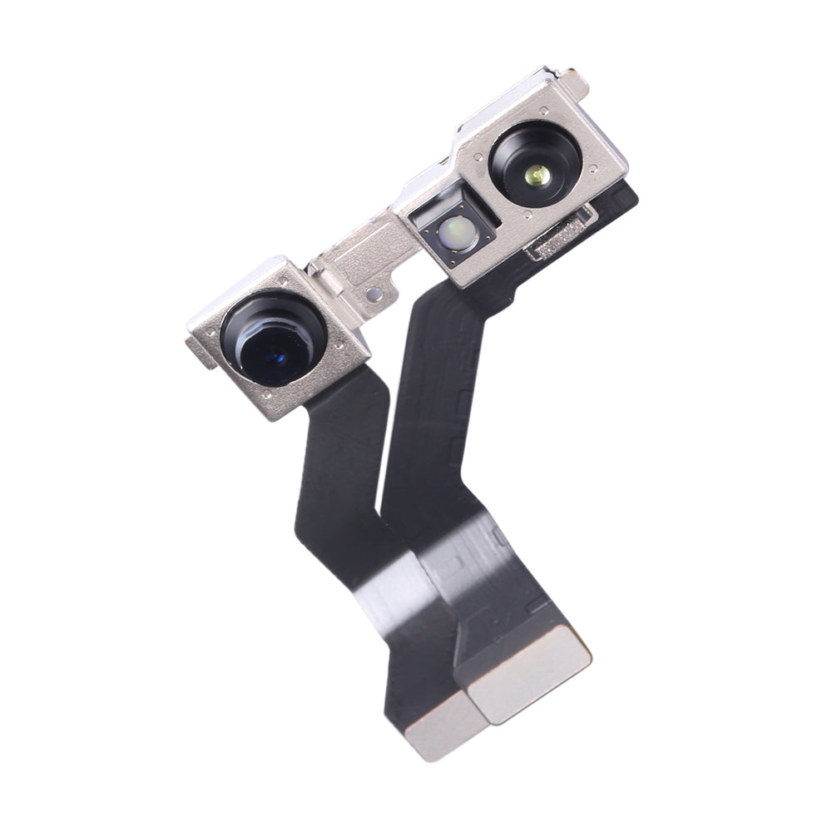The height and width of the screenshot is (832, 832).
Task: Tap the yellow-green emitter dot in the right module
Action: click(537, 175)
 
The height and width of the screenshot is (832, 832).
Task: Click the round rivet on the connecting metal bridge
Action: click(374, 294)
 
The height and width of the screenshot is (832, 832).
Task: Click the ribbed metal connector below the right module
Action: click(560, 235)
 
